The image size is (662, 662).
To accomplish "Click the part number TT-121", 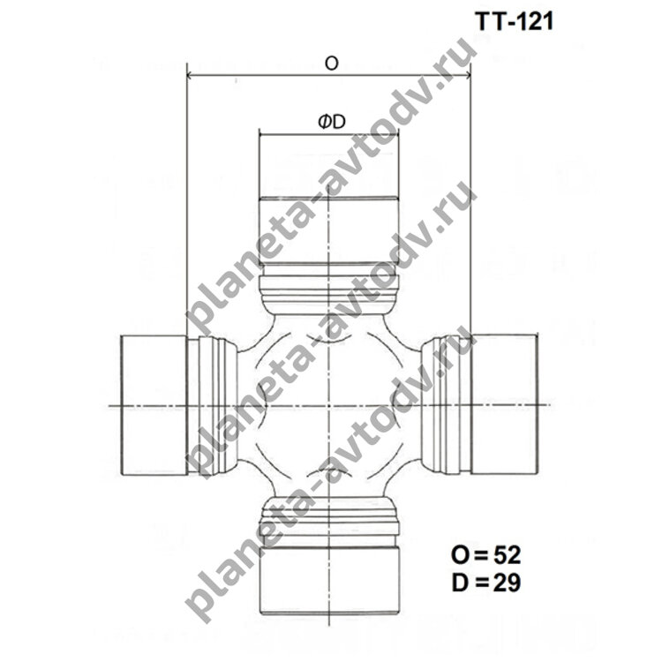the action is (x=514, y=21).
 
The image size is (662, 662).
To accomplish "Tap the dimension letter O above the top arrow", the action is (x=332, y=64).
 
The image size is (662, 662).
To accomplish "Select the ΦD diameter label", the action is (x=332, y=122).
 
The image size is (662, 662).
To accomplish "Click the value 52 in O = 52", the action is (x=507, y=555).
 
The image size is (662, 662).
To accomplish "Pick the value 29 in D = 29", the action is (x=507, y=583).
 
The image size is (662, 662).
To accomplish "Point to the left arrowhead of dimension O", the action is (x=190, y=76).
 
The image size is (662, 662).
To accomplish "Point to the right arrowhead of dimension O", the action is (x=467, y=76).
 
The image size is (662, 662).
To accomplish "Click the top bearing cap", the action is (x=329, y=199).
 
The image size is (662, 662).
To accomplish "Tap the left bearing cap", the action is (x=154, y=405).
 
